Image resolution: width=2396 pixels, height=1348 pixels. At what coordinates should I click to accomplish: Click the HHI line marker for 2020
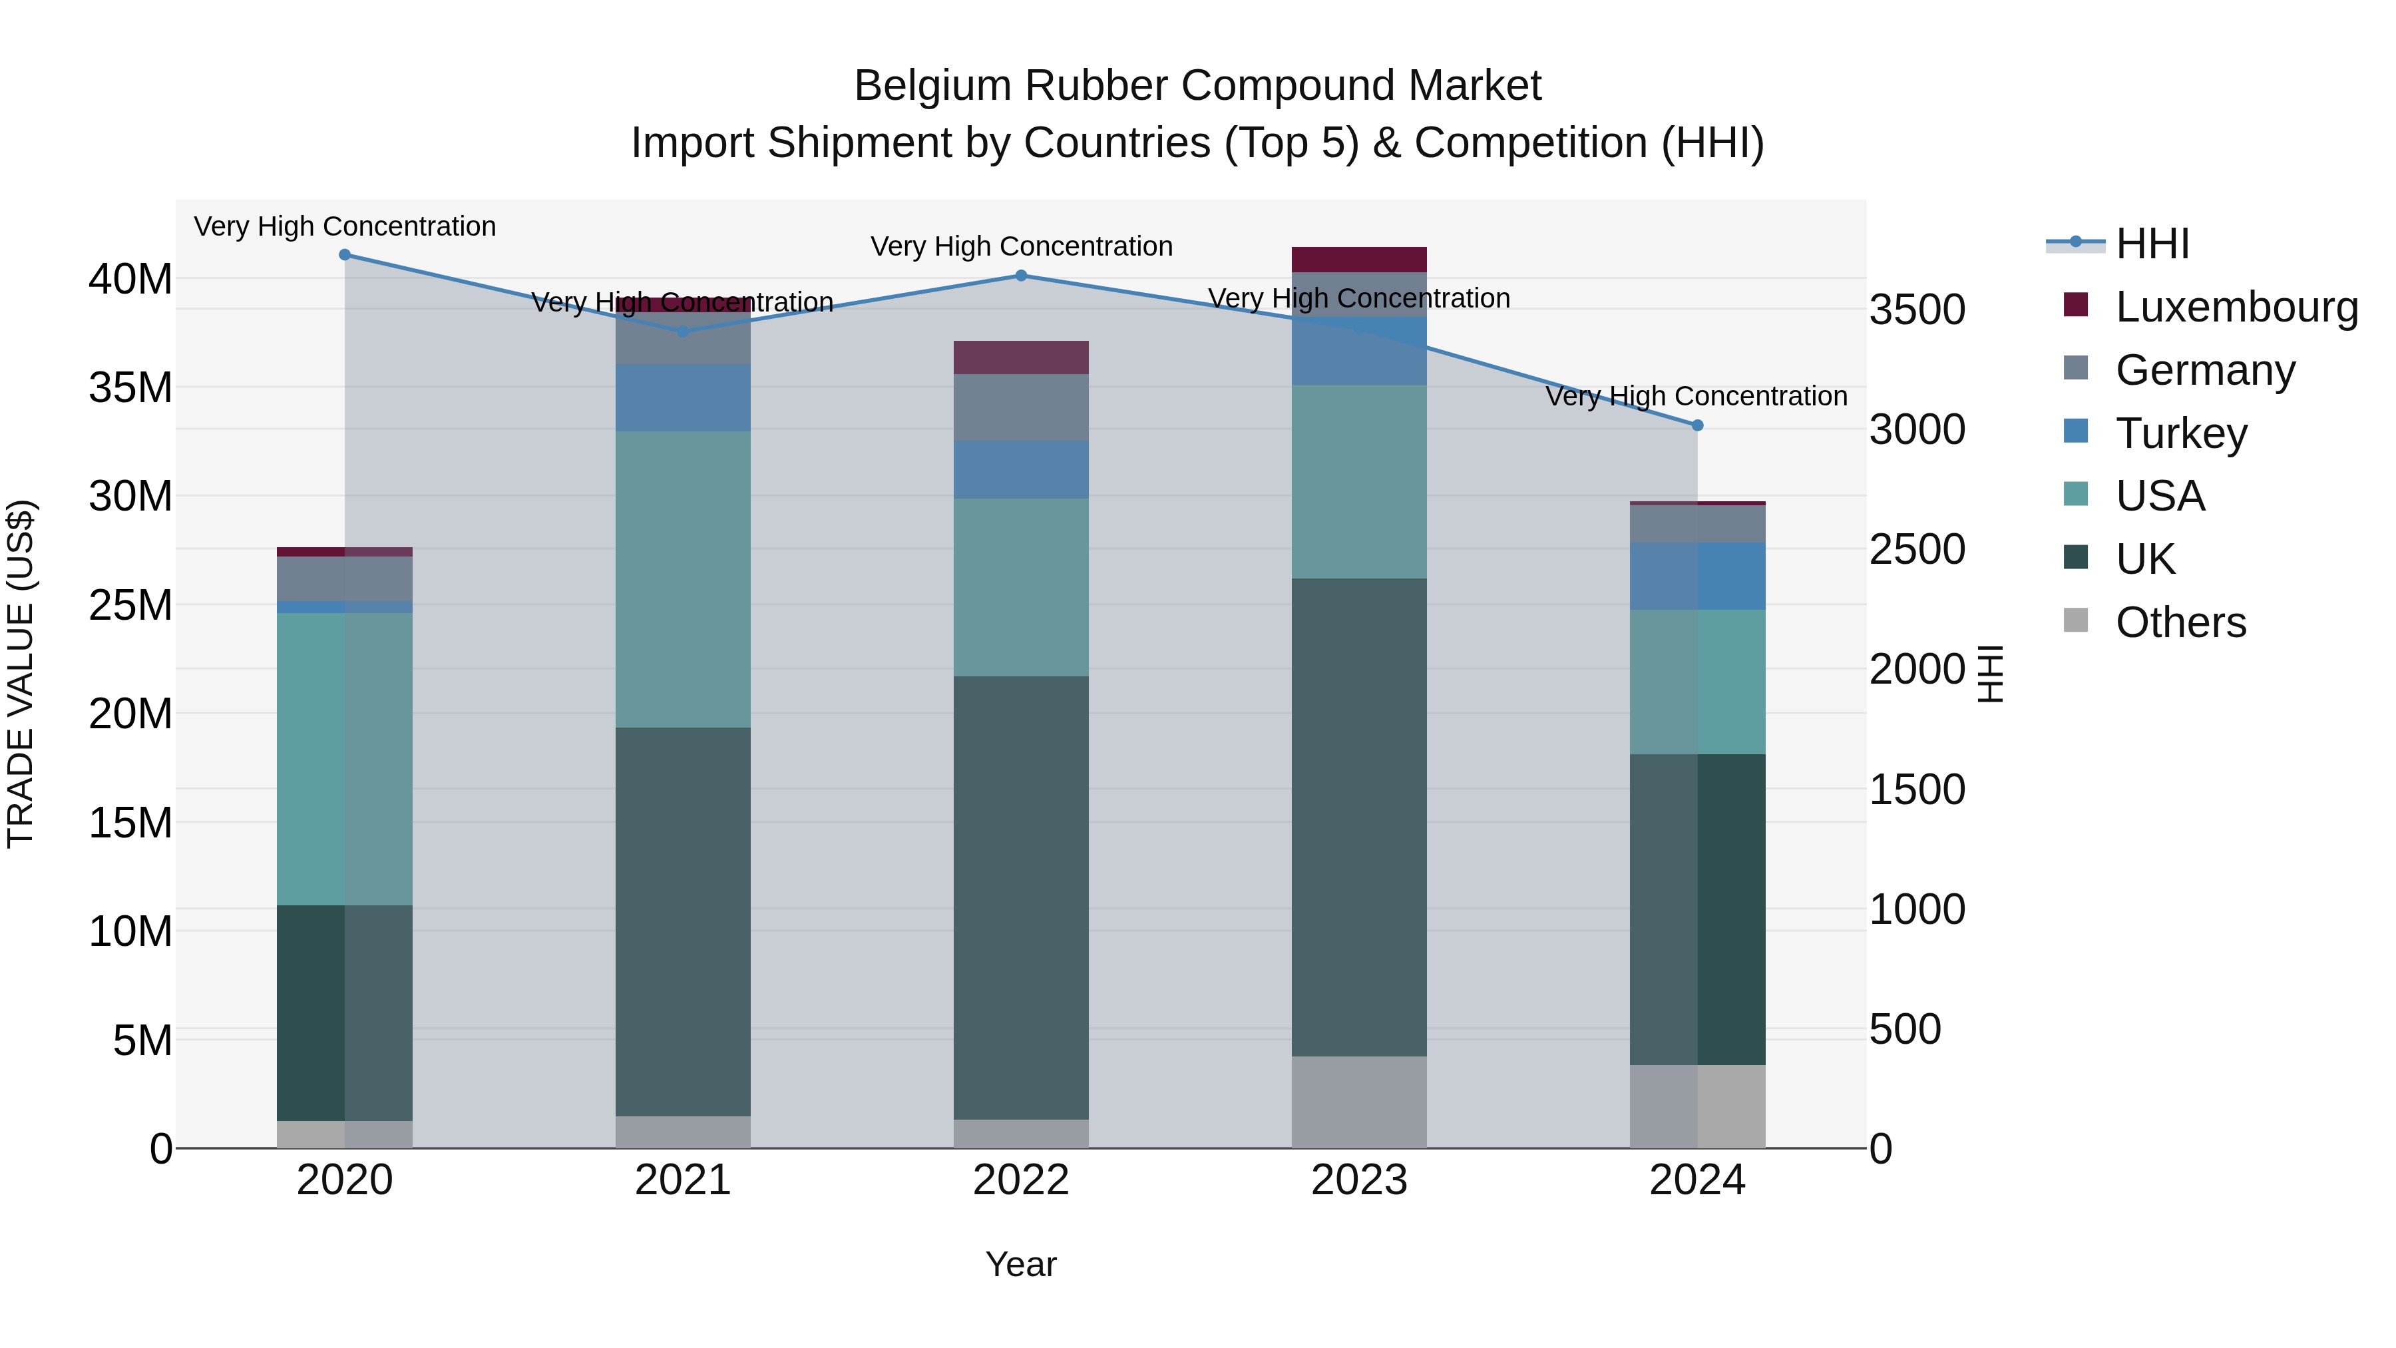click(344, 255)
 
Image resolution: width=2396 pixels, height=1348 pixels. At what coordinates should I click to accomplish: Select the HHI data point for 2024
click(1697, 425)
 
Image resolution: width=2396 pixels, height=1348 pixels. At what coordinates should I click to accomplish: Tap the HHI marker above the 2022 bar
click(1020, 276)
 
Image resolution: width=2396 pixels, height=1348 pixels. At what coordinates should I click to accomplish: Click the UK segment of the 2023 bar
click(1359, 817)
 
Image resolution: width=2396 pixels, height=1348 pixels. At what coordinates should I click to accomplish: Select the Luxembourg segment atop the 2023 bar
click(1359, 260)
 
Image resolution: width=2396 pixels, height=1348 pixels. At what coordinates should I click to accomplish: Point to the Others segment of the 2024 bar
click(1697, 1106)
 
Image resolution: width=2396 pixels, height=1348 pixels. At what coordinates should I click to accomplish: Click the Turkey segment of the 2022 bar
click(1020, 470)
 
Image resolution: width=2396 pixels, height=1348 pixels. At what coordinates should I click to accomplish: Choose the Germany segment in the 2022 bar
click(1020, 407)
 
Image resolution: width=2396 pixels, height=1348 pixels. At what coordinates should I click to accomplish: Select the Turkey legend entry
click(2180, 433)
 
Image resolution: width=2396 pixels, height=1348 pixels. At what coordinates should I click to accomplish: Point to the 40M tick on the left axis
click(130, 279)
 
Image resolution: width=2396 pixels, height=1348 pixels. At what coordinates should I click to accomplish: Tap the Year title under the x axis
click(1020, 1264)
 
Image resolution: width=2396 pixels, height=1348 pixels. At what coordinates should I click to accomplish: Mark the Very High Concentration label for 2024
click(1696, 396)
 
